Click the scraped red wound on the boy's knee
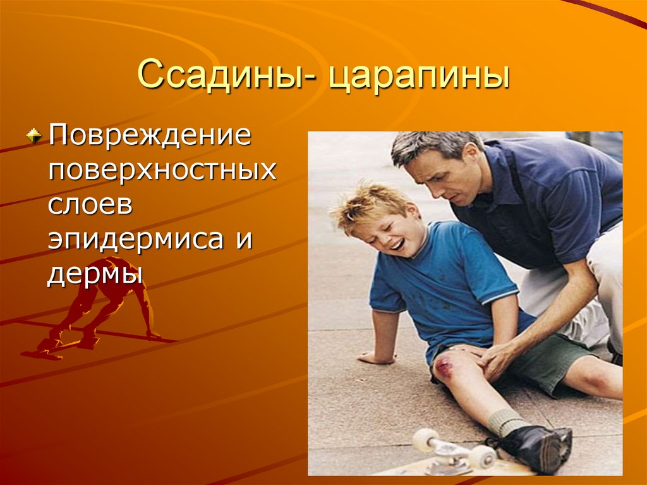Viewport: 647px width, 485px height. point(444,367)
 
